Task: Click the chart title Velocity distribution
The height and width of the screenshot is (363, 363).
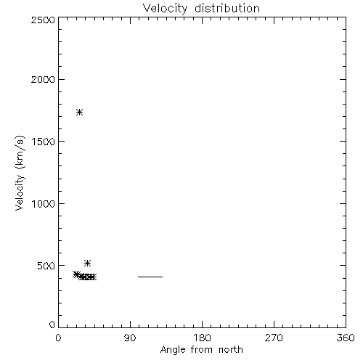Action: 201,8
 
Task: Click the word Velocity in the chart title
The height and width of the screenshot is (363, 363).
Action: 165,9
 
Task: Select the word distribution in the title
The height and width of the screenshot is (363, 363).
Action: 227,8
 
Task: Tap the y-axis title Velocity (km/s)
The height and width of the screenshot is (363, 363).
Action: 20,173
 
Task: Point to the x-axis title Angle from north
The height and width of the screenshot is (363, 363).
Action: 202,350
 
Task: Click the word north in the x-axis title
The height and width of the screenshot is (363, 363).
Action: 231,349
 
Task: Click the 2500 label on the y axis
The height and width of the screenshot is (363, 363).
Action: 43,20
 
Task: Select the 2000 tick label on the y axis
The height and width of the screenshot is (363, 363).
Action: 43,79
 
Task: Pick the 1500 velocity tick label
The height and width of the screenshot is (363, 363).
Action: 44,142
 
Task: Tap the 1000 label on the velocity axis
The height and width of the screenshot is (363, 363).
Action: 44,204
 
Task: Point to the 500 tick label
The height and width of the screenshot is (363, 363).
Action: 46,266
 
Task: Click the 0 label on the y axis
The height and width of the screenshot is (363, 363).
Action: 52,325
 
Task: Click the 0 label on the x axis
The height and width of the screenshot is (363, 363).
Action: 58,338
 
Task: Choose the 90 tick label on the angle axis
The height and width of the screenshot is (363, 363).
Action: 130,338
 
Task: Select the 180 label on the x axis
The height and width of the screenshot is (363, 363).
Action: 202,338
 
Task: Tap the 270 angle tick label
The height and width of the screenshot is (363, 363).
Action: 274,338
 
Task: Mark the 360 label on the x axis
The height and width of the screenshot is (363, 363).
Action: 346,338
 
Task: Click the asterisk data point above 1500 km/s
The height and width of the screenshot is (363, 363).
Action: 80,113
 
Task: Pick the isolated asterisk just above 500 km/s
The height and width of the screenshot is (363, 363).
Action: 87,263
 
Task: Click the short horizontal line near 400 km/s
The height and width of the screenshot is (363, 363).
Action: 150,277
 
